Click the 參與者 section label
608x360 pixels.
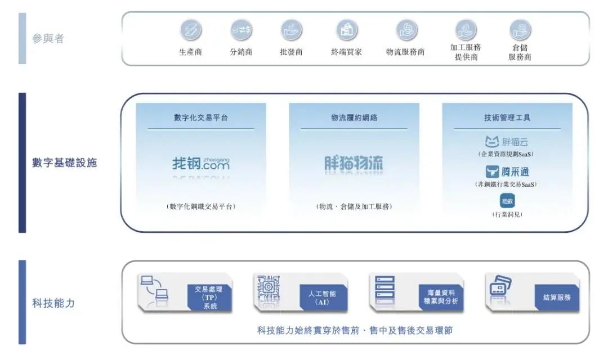tap(48, 39)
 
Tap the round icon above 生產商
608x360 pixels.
tap(190, 30)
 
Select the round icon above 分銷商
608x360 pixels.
tap(241, 30)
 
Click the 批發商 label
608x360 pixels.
tap(291, 52)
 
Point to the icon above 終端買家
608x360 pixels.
tap(347, 30)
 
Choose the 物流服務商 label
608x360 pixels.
tap(405, 52)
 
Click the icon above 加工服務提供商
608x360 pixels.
tap(466, 29)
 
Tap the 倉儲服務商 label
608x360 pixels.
tap(520, 52)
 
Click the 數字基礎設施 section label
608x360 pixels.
tap(64, 163)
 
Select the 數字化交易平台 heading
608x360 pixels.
tap(201, 118)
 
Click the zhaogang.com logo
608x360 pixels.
tap(201, 164)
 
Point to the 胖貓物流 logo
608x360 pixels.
tap(354, 164)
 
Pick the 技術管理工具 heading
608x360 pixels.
tap(507, 118)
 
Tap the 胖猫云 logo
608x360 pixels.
tap(507, 142)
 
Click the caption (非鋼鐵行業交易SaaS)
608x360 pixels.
tap(507, 184)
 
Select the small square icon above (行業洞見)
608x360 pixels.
tap(507, 200)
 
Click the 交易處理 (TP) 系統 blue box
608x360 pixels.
tap(209, 298)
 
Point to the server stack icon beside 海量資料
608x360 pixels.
tap(385, 290)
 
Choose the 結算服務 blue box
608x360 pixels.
tap(556, 297)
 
